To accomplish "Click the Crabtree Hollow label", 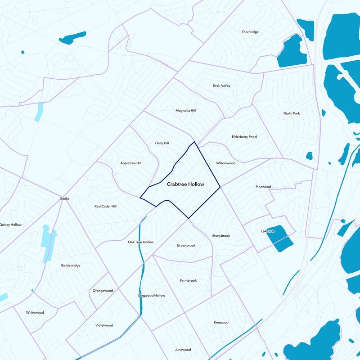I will coord(185,184).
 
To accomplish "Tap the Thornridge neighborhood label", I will coord(250,32).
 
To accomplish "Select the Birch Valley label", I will coord(221,85).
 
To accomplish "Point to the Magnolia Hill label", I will coord(185,110).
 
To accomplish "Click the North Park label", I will coord(292,113).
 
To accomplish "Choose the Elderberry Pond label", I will coord(244,136).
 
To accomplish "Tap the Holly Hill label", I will coord(162,143).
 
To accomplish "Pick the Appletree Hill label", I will coord(131,163).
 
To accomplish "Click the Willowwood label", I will coord(225,163).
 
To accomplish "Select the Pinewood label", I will coord(263,187).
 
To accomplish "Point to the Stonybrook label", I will coord(221,236).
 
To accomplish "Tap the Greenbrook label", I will coord(186,245).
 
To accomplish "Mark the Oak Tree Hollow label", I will coord(141,242).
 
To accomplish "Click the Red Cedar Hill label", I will coord(105,206).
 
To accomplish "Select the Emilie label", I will coord(65,198).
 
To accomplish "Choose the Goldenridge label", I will coord(71,265).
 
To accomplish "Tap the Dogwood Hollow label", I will coord(152,296).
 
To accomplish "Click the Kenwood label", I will coord(221,322).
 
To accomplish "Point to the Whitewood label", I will coord(35,312).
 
